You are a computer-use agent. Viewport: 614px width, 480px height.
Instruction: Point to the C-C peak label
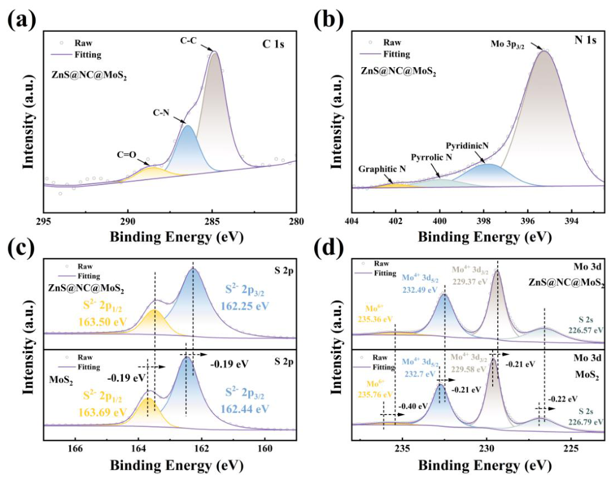188,40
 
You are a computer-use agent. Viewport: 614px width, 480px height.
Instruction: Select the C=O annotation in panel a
126,155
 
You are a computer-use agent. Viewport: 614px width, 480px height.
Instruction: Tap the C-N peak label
161,113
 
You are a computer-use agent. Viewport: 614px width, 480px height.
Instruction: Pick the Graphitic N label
382,169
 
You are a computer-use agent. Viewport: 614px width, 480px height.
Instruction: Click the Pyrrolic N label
432,157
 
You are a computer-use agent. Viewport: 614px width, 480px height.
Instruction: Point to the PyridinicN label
467,146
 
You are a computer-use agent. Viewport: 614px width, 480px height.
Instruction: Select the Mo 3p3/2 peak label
507,44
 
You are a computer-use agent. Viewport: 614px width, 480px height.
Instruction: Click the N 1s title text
585,40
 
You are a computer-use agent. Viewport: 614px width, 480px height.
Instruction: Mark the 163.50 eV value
103,322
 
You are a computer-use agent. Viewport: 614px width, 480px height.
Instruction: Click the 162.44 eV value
245,409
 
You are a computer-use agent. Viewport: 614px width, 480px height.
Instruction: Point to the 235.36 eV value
375,319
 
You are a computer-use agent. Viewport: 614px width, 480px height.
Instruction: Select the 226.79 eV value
586,422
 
